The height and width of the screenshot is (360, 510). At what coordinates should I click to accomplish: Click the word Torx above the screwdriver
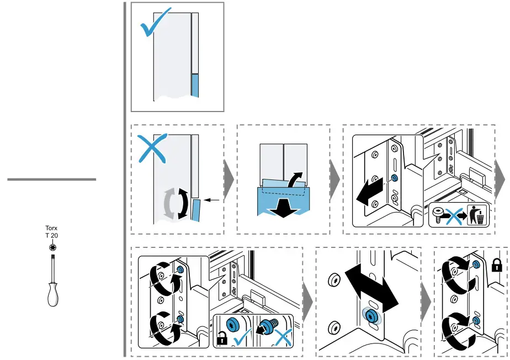click(51, 227)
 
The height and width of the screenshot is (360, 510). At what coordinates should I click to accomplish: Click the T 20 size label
click(51, 235)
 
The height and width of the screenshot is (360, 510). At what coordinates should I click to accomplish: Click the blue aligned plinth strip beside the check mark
click(194, 86)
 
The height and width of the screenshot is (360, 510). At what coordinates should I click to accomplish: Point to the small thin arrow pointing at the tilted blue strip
click(212, 199)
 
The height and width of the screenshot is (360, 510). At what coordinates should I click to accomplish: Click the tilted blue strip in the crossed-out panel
click(197, 210)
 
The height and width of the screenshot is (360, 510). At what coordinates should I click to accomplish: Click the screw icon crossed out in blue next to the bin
click(440, 215)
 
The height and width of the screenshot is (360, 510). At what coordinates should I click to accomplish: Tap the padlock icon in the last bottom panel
click(496, 266)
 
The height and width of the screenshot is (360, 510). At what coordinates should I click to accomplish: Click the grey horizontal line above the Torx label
click(51, 179)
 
